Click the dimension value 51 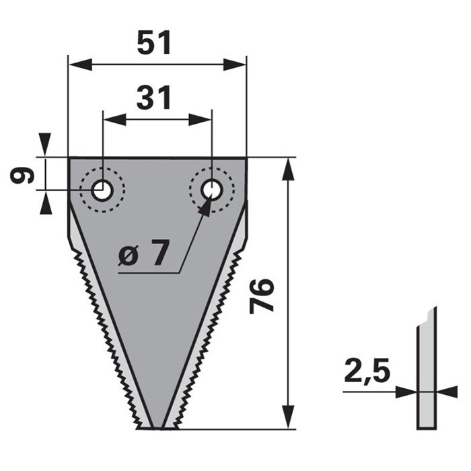tap(155, 44)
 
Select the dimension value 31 tap(155, 98)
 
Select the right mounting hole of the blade tap(212, 190)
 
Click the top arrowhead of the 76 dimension tap(288, 170)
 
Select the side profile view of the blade tap(426, 370)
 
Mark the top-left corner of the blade tap(69, 158)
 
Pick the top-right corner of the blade tap(246, 158)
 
